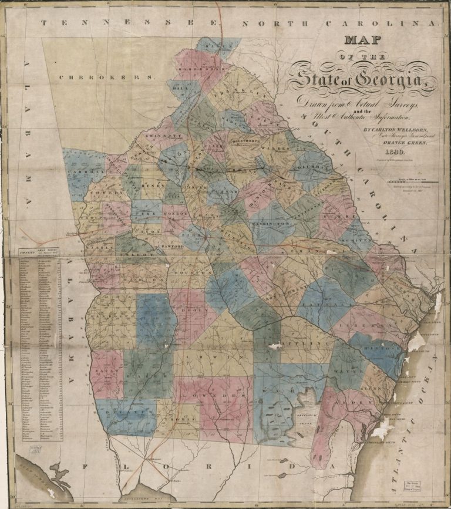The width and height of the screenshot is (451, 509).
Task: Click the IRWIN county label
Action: coord(202,357)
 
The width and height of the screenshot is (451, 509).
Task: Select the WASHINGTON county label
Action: coord(270,224)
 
